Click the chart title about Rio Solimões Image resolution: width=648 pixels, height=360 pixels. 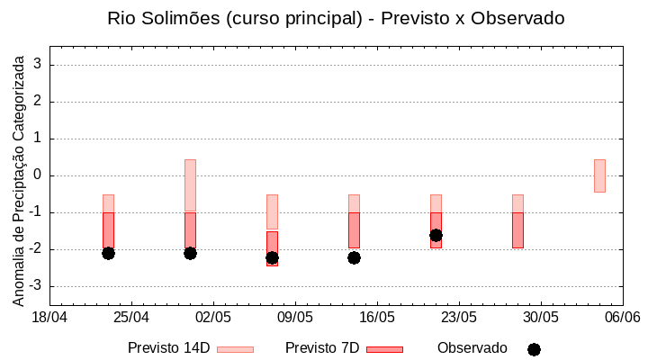click(x=336, y=18)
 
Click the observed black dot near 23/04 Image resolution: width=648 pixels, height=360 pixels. click(x=108, y=253)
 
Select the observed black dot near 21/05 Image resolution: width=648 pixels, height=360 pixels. click(x=436, y=235)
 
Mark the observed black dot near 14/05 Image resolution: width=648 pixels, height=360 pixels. click(x=354, y=257)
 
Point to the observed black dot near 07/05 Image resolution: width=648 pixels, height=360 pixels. click(x=272, y=257)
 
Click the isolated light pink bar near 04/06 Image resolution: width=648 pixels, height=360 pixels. click(x=599, y=175)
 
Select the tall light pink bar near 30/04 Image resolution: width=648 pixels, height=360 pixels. click(x=190, y=184)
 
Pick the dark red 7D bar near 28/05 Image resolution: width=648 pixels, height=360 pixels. click(x=517, y=230)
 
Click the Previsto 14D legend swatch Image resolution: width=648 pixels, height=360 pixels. click(x=235, y=349)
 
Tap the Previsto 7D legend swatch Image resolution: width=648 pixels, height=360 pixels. click(x=384, y=349)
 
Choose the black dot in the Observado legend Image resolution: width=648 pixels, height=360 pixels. click(x=534, y=349)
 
